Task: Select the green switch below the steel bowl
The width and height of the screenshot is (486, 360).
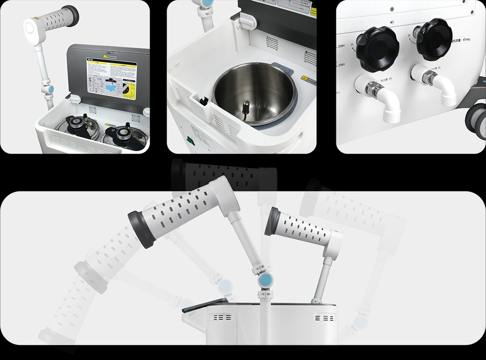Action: (191, 142)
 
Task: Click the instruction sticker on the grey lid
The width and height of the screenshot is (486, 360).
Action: (111, 80)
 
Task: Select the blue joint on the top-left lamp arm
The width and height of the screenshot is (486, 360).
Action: (49, 90)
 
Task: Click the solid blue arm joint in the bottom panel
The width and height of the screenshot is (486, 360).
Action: (265, 280)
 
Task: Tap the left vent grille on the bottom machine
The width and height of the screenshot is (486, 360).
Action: (221, 317)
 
